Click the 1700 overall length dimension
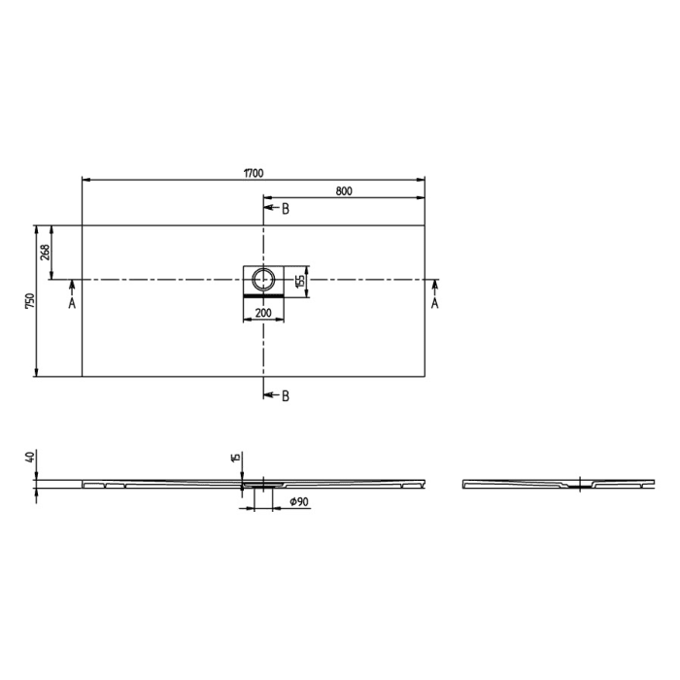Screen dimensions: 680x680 [x=253, y=174]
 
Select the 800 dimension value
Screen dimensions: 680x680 [x=344, y=191]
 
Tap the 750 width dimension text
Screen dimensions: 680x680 [x=30, y=301]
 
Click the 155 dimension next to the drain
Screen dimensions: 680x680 [x=301, y=280]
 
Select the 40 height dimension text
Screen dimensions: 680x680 [x=30, y=458]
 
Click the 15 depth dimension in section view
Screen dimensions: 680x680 [x=234, y=458]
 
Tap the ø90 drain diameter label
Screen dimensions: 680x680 [x=298, y=501]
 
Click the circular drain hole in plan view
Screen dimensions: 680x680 [x=263, y=280]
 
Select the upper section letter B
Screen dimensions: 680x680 [x=285, y=209]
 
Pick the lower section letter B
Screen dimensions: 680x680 [x=285, y=395]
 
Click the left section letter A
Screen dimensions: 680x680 [x=71, y=303]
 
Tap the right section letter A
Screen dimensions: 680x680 [x=434, y=303]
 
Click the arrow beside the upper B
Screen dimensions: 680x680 [x=270, y=209]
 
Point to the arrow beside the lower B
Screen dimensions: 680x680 [x=270, y=395]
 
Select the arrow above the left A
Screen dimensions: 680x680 [x=71, y=287]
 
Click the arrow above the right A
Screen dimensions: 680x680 [x=434, y=287]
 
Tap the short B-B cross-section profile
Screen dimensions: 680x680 [x=554, y=483]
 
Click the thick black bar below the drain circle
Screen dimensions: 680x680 [x=263, y=294]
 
